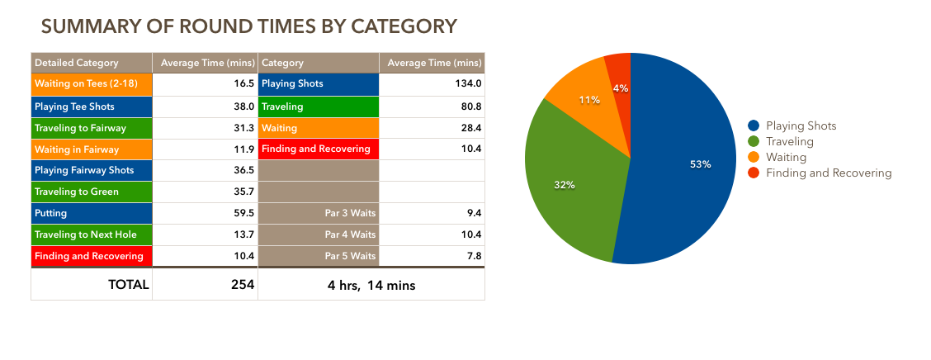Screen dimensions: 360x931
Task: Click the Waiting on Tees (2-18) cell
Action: [92, 84]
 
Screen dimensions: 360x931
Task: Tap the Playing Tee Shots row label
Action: [92, 107]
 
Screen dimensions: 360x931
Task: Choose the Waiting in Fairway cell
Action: [92, 149]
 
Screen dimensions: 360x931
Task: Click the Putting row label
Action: [92, 213]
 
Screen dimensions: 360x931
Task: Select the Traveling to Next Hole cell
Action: [92, 234]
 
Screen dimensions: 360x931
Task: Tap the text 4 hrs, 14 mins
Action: [371, 286]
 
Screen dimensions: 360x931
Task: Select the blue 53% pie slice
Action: [685, 165]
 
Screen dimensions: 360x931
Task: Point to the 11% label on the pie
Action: [588, 100]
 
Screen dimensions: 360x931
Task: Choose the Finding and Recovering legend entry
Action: [828, 173]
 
